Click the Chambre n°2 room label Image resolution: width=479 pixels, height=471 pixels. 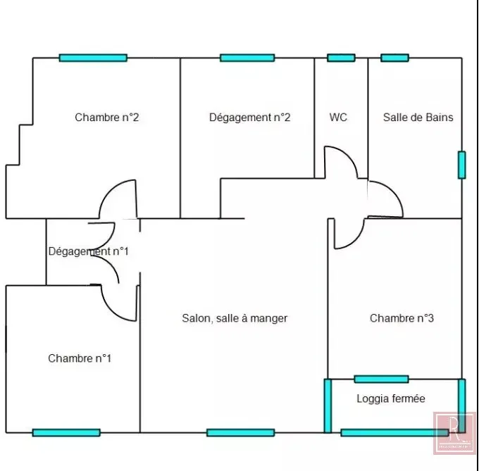click(x=107, y=117)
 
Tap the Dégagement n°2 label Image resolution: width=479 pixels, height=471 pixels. click(x=249, y=118)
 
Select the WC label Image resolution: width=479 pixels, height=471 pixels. click(x=338, y=117)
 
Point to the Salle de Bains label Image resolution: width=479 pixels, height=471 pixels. click(x=418, y=117)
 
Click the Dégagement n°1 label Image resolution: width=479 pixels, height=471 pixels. click(x=88, y=251)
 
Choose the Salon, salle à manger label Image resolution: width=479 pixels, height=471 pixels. click(x=235, y=318)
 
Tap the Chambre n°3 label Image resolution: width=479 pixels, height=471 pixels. click(x=402, y=318)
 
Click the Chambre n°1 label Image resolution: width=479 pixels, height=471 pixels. click(x=80, y=358)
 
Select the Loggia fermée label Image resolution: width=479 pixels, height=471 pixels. click(x=391, y=398)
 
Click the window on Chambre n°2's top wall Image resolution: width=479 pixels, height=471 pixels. click(x=93, y=58)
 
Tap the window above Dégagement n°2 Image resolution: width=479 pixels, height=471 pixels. click(x=247, y=58)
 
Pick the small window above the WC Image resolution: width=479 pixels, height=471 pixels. click(x=341, y=58)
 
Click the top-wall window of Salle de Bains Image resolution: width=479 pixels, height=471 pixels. click(x=394, y=58)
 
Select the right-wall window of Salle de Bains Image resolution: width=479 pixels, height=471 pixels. click(x=462, y=165)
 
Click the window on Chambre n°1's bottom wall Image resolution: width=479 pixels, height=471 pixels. click(x=66, y=432)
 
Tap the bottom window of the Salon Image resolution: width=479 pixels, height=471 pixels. click(x=241, y=432)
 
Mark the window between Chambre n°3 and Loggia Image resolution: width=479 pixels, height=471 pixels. click(x=382, y=379)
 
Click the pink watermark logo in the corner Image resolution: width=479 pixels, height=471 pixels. click(x=454, y=433)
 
